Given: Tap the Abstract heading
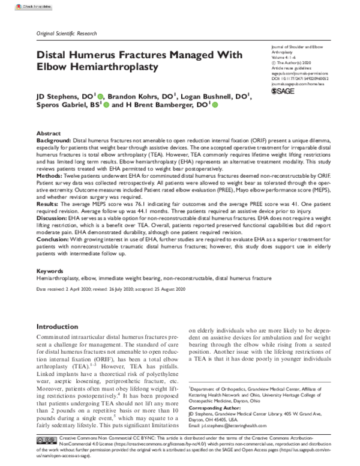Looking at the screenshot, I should point(49,133).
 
